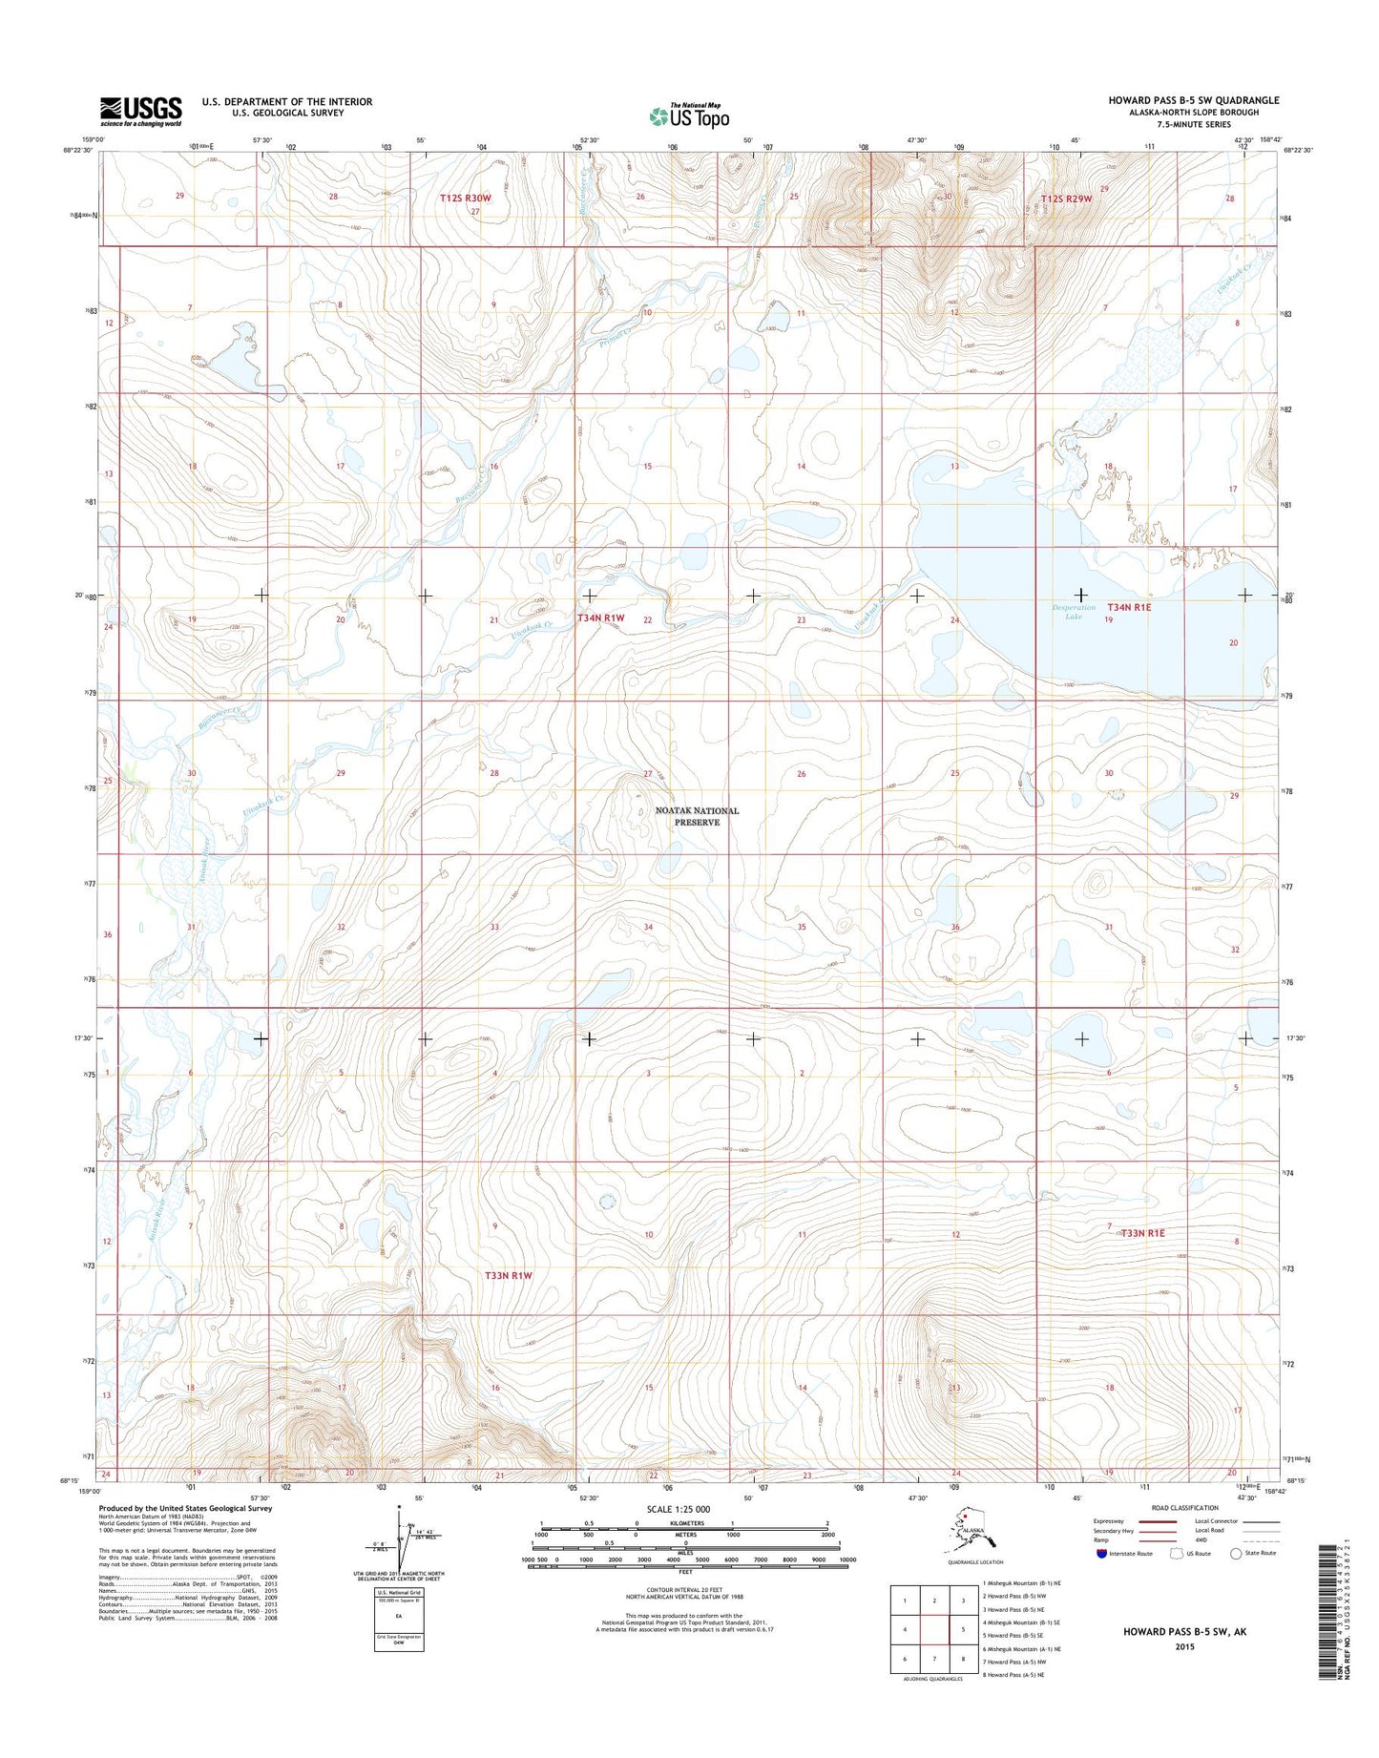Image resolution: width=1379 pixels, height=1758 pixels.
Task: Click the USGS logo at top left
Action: pos(140,111)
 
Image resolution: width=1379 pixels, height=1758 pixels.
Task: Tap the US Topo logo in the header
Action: pos(689,115)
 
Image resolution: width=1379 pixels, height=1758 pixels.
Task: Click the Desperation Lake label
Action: pos(1074,612)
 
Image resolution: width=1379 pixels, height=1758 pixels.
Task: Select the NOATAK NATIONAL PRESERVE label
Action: pos(697,816)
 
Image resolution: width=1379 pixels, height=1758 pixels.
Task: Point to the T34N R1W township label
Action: pos(600,618)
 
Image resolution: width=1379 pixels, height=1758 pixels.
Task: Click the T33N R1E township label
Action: pos(1142,1233)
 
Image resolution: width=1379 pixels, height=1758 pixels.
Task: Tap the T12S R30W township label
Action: pos(465,198)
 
